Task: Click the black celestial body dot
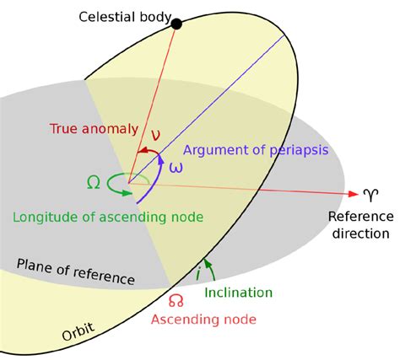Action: (x=176, y=24)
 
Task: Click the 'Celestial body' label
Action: (x=125, y=17)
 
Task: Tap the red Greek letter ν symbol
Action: (x=155, y=135)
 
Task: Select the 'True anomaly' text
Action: (x=94, y=129)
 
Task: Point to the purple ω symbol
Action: (x=176, y=168)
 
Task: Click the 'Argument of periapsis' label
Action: (x=256, y=150)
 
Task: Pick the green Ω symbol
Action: (x=93, y=182)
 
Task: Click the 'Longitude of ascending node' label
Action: (x=108, y=218)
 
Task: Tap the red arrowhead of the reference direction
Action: (x=353, y=194)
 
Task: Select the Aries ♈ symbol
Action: (x=370, y=195)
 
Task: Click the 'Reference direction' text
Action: (x=361, y=225)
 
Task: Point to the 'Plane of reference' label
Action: (x=76, y=271)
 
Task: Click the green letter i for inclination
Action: (x=198, y=273)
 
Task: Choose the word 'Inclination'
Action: (x=239, y=293)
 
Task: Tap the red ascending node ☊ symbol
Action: (x=176, y=301)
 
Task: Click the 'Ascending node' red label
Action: (x=203, y=320)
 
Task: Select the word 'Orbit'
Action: (x=78, y=331)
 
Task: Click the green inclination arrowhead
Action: (x=207, y=263)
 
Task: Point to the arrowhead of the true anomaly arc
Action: (x=143, y=152)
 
